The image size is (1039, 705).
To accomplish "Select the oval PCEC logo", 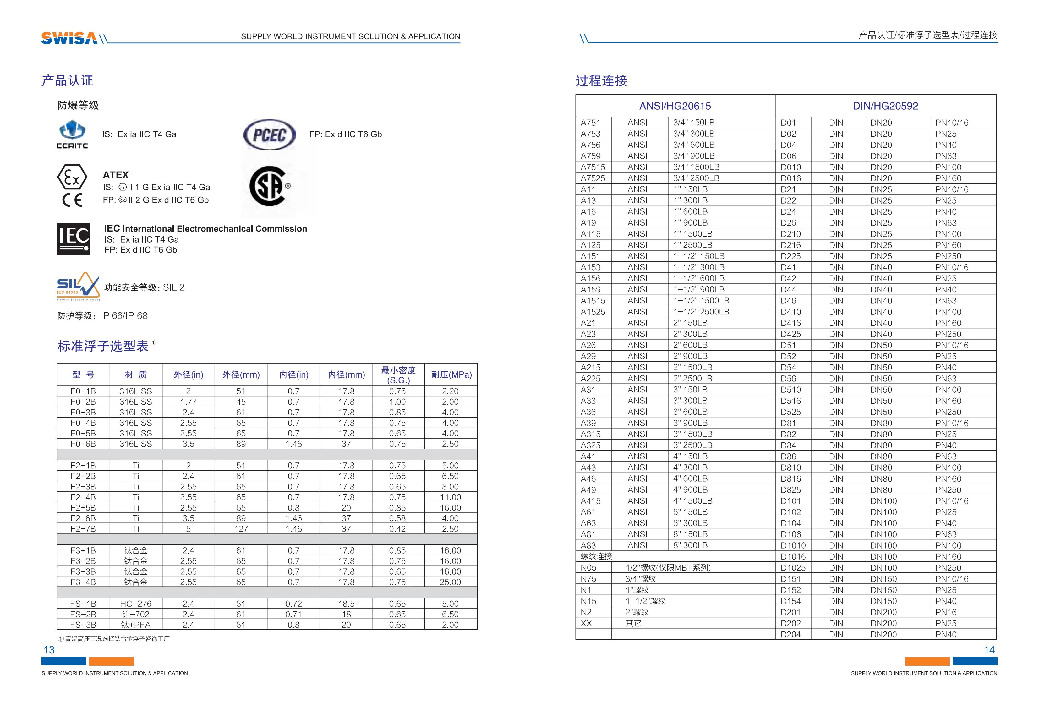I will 269,134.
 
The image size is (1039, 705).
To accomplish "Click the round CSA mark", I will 268,186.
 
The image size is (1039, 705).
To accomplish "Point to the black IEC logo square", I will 74,239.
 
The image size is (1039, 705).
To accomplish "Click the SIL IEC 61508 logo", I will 78,286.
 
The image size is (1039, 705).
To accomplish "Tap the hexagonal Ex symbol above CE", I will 72,178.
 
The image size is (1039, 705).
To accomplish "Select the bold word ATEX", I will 115,175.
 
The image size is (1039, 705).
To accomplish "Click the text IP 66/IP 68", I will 124,316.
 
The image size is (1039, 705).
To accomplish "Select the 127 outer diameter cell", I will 241,529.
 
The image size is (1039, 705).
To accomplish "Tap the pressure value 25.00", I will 450,582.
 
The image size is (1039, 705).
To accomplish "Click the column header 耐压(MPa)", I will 451,374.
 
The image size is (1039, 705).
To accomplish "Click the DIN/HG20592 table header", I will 885,106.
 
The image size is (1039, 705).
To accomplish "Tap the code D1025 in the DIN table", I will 793,568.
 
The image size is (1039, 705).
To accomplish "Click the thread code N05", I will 588,568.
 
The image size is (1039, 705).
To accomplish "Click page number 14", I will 989,650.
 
